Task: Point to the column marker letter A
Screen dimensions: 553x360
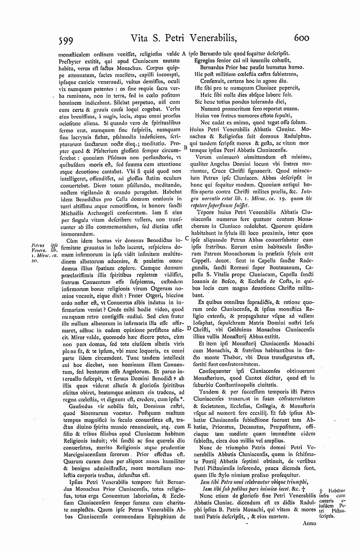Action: point(184,54)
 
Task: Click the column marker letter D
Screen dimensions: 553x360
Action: point(189,328)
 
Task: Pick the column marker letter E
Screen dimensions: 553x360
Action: point(189,426)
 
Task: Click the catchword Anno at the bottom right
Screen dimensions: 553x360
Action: point(309,523)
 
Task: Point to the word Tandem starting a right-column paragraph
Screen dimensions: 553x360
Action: point(208,392)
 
